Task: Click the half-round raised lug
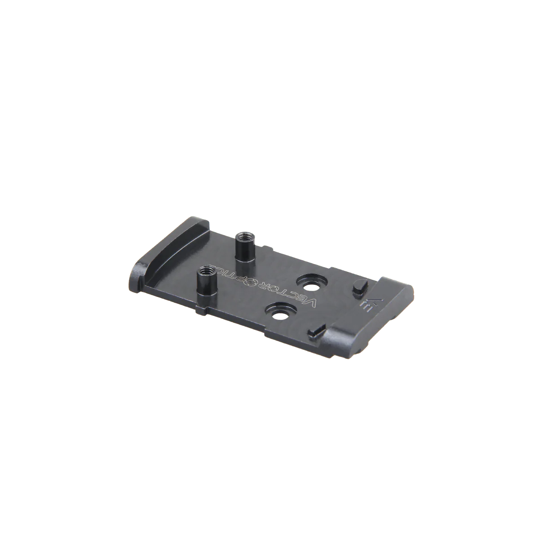coord(360,287)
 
